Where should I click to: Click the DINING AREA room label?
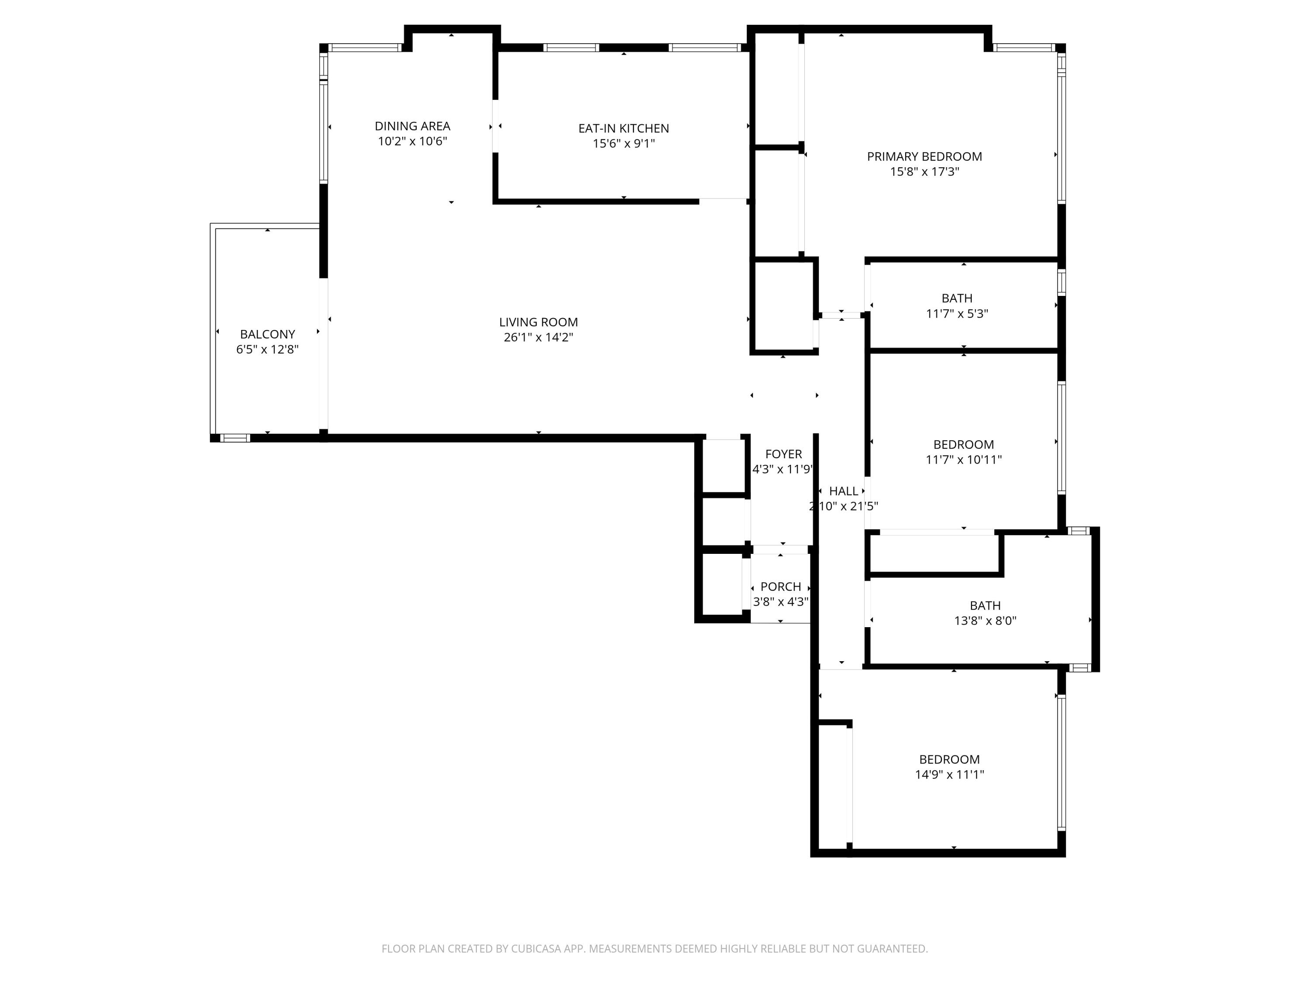[412, 126]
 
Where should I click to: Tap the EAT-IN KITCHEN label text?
[624, 128]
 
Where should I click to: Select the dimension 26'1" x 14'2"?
[538, 337]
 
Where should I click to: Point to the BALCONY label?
[267, 334]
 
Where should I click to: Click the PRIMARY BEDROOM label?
[924, 157]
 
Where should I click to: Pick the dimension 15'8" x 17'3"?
[924, 172]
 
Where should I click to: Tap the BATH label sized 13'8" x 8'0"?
[985, 605]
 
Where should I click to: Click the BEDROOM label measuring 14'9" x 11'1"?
[949, 759]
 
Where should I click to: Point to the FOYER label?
[783, 454]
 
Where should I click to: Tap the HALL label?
[843, 491]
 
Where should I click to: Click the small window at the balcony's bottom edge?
[235, 438]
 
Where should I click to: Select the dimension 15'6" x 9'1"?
[624, 143]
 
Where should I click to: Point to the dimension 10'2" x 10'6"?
[412, 141]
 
